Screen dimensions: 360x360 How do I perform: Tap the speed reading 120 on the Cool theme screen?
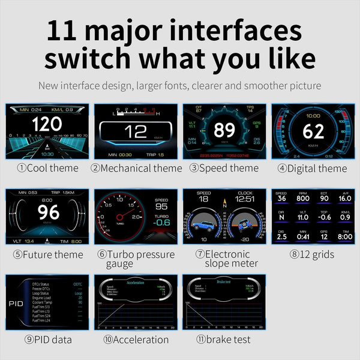point(47,125)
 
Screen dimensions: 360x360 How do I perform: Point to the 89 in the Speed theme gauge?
point(224,130)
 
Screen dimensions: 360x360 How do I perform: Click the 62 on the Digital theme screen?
point(313,130)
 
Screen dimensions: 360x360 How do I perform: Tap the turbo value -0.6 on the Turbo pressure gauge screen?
point(161,223)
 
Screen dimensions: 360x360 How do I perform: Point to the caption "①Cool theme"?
point(47,168)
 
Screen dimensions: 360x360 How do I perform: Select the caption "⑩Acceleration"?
point(136,340)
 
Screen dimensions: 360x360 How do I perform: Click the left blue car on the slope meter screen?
point(202,226)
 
